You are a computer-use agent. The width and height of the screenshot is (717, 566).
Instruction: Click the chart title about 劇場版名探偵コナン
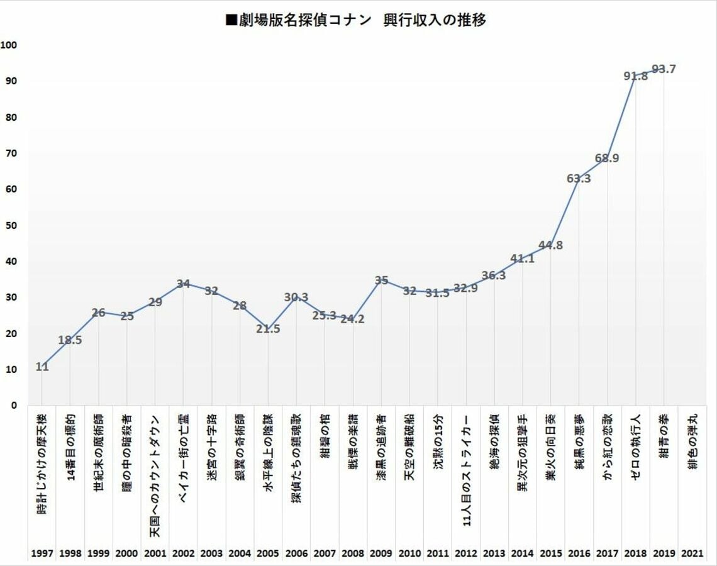pos(355,20)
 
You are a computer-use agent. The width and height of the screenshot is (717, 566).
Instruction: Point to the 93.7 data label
pos(664,69)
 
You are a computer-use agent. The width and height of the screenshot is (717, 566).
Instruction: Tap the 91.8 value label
pos(636,76)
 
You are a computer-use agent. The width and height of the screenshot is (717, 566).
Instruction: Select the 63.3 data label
pos(579,179)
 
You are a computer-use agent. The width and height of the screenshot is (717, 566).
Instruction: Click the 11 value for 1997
pos(42,367)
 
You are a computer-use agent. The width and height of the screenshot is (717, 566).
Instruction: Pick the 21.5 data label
pos(268,329)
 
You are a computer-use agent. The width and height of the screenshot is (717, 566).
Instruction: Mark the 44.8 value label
pos(550,245)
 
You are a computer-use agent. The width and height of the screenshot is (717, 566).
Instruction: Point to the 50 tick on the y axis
pos(11,225)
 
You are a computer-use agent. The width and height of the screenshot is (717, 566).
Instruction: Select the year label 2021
pos(692,553)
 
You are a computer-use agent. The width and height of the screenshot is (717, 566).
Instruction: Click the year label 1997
pos(42,553)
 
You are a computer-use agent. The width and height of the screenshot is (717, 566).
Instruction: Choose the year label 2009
pos(381,553)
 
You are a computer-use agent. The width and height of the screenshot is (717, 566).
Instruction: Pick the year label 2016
pos(579,553)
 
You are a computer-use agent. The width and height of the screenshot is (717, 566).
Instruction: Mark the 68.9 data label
pos(608,158)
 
